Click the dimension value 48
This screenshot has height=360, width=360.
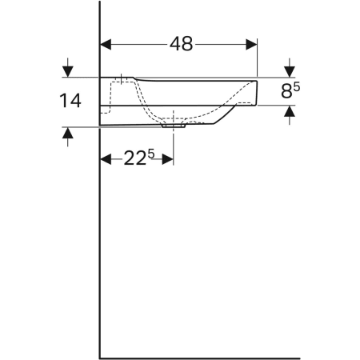[182, 45]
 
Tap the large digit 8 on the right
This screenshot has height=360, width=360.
[286, 92]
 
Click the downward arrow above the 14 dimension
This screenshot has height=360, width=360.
[67, 69]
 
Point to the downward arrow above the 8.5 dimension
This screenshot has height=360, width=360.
[290, 70]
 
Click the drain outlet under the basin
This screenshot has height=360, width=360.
[174, 125]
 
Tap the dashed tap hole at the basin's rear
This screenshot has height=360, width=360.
[121, 81]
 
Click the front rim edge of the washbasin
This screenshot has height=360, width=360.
[257, 92]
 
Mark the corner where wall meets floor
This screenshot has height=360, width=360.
[99, 358]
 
